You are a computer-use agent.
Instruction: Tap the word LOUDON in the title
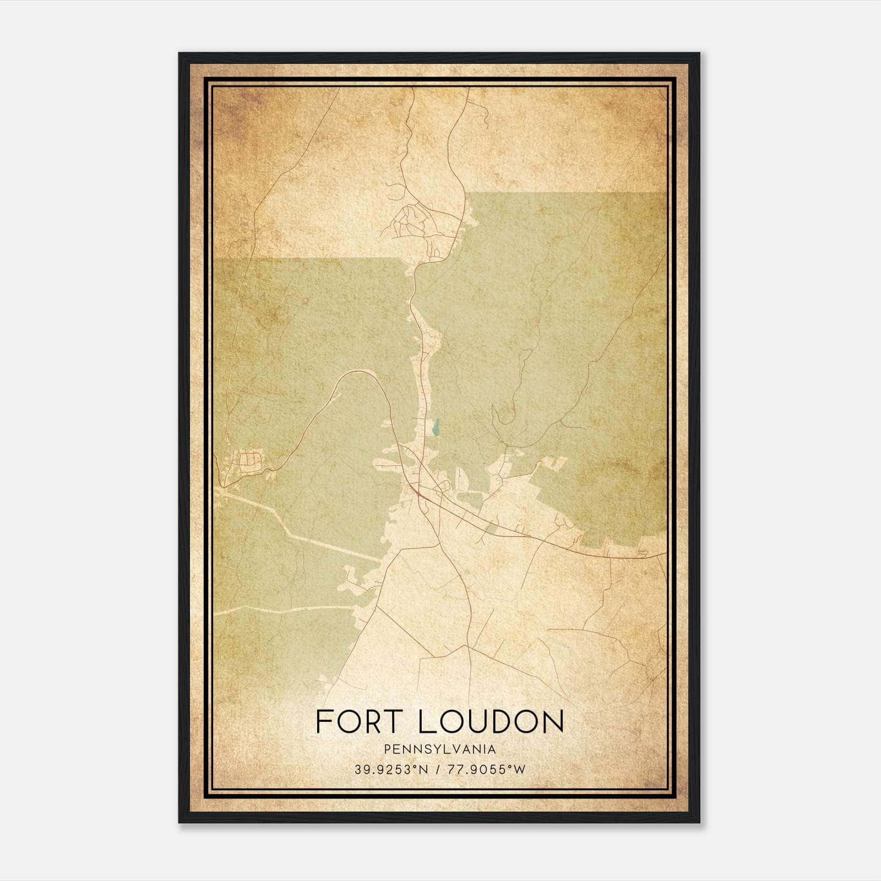pyautogui.click(x=491, y=721)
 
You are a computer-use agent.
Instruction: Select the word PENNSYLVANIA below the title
pyautogui.click(x=440, y=749)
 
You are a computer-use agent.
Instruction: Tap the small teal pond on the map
pyautogui.click(x=436, y=427)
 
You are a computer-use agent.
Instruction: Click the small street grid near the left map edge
pyautogui.click(x=251, y=460)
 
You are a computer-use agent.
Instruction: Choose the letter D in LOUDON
pyautogui.click(x=498, y=721)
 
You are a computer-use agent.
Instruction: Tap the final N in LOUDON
pyautogui.click(x=552, y=721)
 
